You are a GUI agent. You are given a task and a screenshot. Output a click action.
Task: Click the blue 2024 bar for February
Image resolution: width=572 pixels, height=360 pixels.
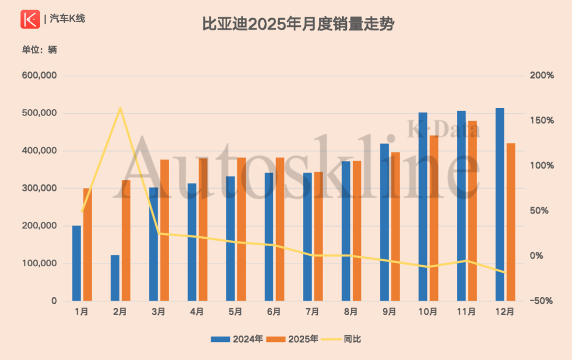point(115,278)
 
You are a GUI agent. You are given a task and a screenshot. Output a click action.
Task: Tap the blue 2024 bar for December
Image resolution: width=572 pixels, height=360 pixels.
point(500,204)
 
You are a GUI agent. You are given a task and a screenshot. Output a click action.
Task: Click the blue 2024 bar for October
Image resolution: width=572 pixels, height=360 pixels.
point(423,206)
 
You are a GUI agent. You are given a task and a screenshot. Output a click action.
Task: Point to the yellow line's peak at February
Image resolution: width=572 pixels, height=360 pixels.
point(120,108)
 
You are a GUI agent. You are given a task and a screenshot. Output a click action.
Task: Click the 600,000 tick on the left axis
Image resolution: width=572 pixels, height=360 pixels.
point(40,76)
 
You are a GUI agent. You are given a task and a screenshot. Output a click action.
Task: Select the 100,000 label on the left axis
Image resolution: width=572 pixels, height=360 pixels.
point(40,264)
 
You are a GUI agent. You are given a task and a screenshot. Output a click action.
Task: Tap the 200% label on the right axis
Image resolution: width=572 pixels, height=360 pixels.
point(541,76)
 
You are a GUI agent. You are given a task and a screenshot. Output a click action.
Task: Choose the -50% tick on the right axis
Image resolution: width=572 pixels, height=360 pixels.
point(541,301)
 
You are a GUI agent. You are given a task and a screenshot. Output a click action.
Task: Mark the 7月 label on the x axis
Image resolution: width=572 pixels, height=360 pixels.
point(312,312)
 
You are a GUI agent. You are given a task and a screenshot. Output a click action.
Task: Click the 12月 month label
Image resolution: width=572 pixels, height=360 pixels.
point(505,312)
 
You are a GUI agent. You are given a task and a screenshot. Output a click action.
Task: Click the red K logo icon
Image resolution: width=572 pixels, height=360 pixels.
point(30,19)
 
